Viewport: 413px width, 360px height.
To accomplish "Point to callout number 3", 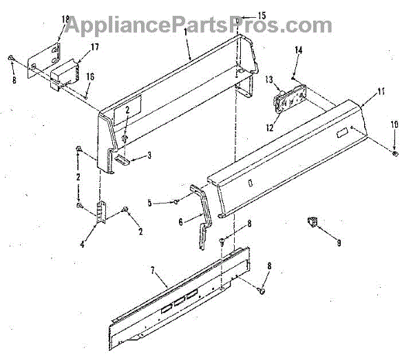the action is point(149,156).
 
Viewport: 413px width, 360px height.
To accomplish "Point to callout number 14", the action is point(299,50).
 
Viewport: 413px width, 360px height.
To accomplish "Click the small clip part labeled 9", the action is point(312,222).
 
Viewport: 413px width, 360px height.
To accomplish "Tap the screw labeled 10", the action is point(395,153).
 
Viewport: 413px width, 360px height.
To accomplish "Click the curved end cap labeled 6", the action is point(203,219).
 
